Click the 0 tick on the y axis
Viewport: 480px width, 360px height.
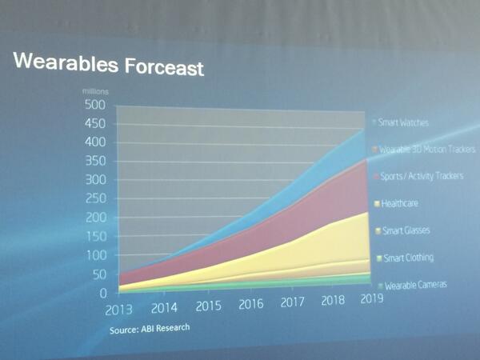[102, 294]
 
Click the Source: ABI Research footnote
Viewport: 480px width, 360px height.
[150, 329]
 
